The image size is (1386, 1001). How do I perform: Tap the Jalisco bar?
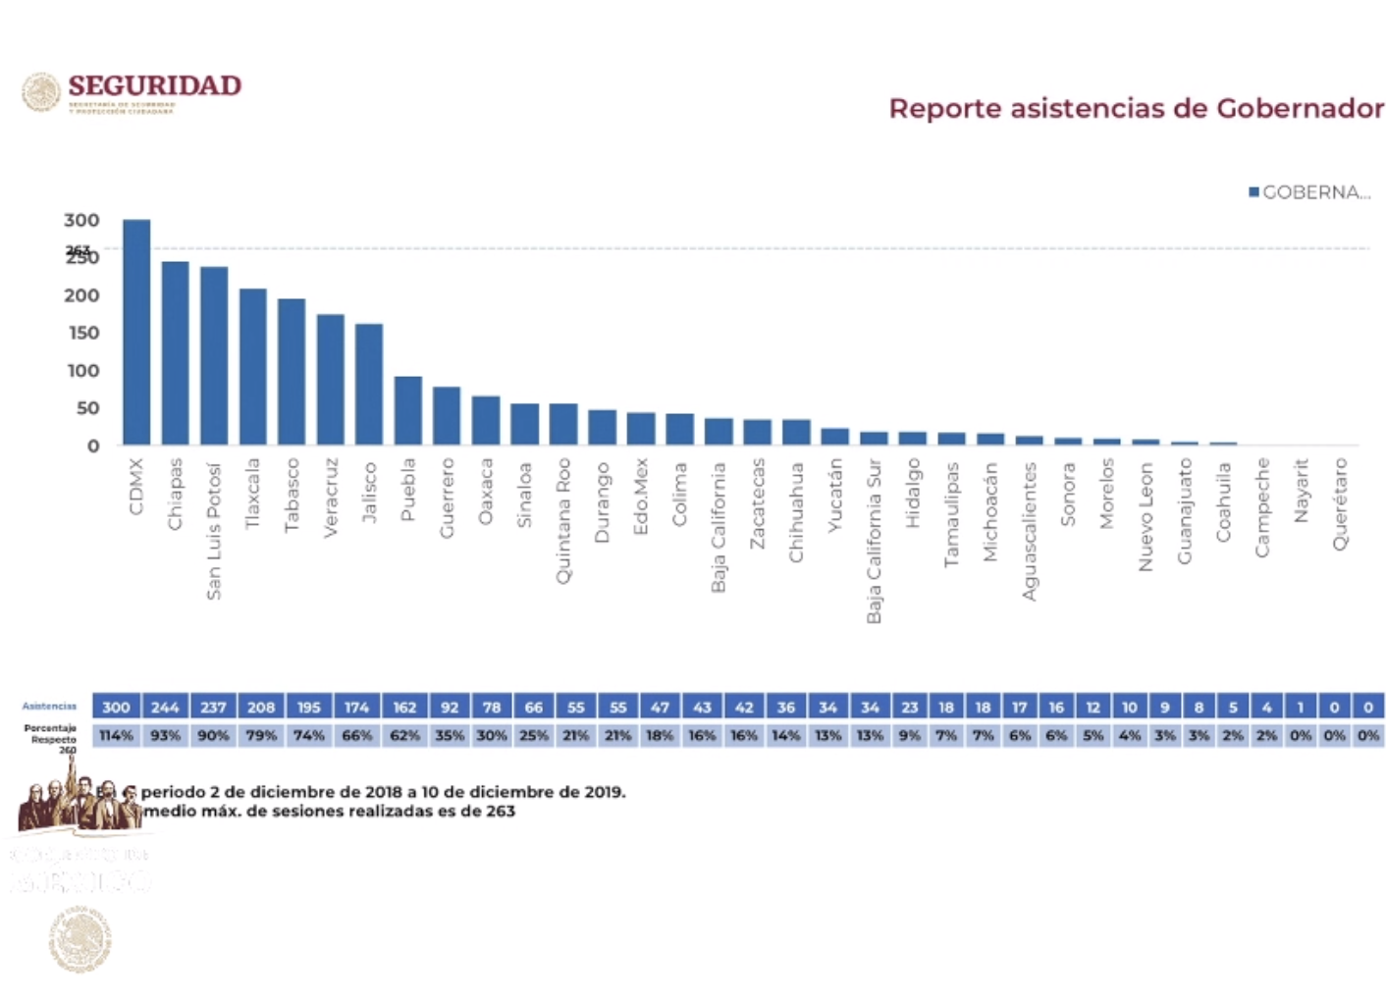369,384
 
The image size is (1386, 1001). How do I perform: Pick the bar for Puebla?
408,410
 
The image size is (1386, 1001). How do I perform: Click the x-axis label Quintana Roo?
563,520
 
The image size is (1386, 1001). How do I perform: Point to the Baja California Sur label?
874,540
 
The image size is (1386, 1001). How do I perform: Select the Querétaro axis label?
1340,503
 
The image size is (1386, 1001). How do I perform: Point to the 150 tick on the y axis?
83,333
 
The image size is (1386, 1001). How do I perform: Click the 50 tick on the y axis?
87,408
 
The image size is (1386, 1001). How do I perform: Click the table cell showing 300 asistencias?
116,707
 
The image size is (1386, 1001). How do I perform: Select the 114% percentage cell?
116,735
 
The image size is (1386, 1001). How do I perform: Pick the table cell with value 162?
404,707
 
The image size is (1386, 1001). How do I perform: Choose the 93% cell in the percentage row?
165,735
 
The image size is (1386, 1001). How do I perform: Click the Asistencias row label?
49,707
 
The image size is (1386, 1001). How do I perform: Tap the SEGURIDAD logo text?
154,86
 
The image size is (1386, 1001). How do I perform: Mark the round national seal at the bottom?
80,939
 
